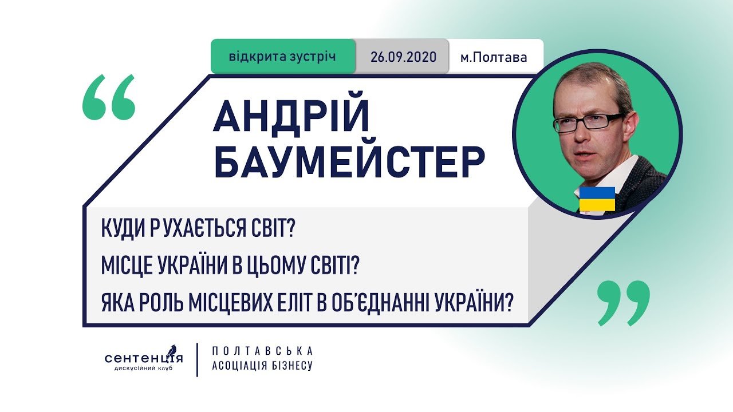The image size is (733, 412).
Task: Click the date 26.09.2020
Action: click(404, 57)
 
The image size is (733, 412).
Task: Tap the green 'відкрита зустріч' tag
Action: click(283, 57)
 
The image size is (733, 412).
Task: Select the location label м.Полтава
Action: click(494, 58)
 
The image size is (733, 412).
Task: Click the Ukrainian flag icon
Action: click(597, 199)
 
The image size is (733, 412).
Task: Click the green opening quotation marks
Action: click(109, 97)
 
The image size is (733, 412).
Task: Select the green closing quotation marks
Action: click(624, 303)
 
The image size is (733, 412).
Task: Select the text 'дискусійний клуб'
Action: click(143, 369)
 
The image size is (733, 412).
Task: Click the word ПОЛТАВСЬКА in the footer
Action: click(262, 351)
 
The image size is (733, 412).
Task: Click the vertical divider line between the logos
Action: click(198, 360)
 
